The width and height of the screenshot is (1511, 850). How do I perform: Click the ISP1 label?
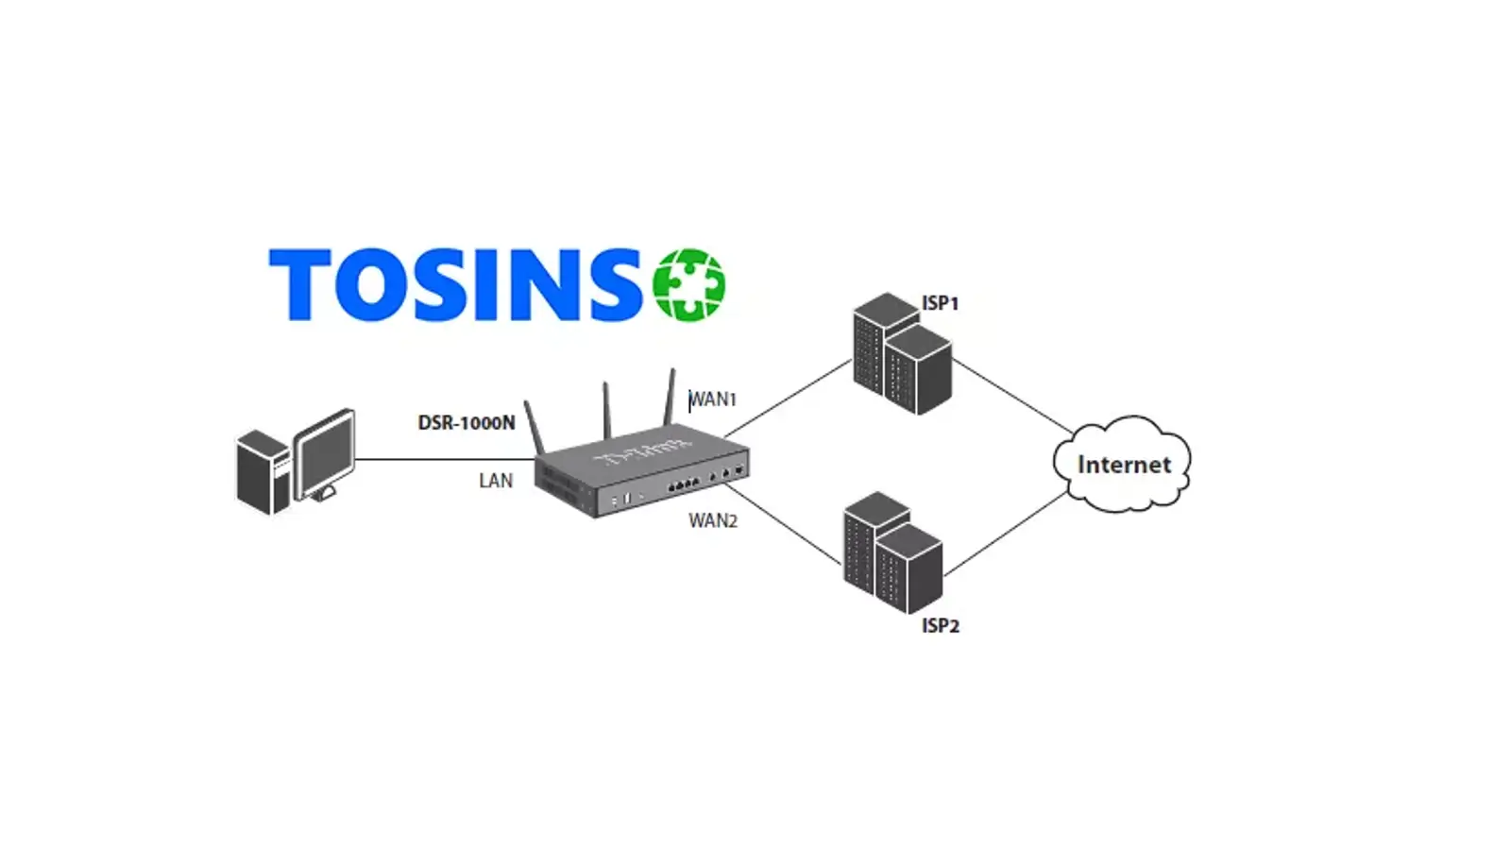point(940,303)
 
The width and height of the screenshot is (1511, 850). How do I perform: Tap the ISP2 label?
point(940,625)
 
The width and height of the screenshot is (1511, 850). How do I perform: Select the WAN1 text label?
point(713,399)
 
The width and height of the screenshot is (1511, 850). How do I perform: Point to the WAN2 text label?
point(713,520)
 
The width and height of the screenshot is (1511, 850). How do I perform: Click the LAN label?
point(496,481)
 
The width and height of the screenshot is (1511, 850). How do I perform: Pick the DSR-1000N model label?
point(467,423)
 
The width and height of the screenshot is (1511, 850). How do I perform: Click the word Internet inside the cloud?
point(1124,465)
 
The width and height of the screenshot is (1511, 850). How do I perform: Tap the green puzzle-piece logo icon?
point(689,285)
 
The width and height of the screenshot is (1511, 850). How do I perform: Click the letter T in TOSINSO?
point(300,284)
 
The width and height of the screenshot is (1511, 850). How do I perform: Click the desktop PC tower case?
point(262,472)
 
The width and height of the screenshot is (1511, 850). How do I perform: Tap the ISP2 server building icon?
point(891,553)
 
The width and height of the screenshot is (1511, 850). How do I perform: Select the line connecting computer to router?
point(444,460)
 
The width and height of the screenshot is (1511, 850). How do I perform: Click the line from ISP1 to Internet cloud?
point(1013,396)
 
